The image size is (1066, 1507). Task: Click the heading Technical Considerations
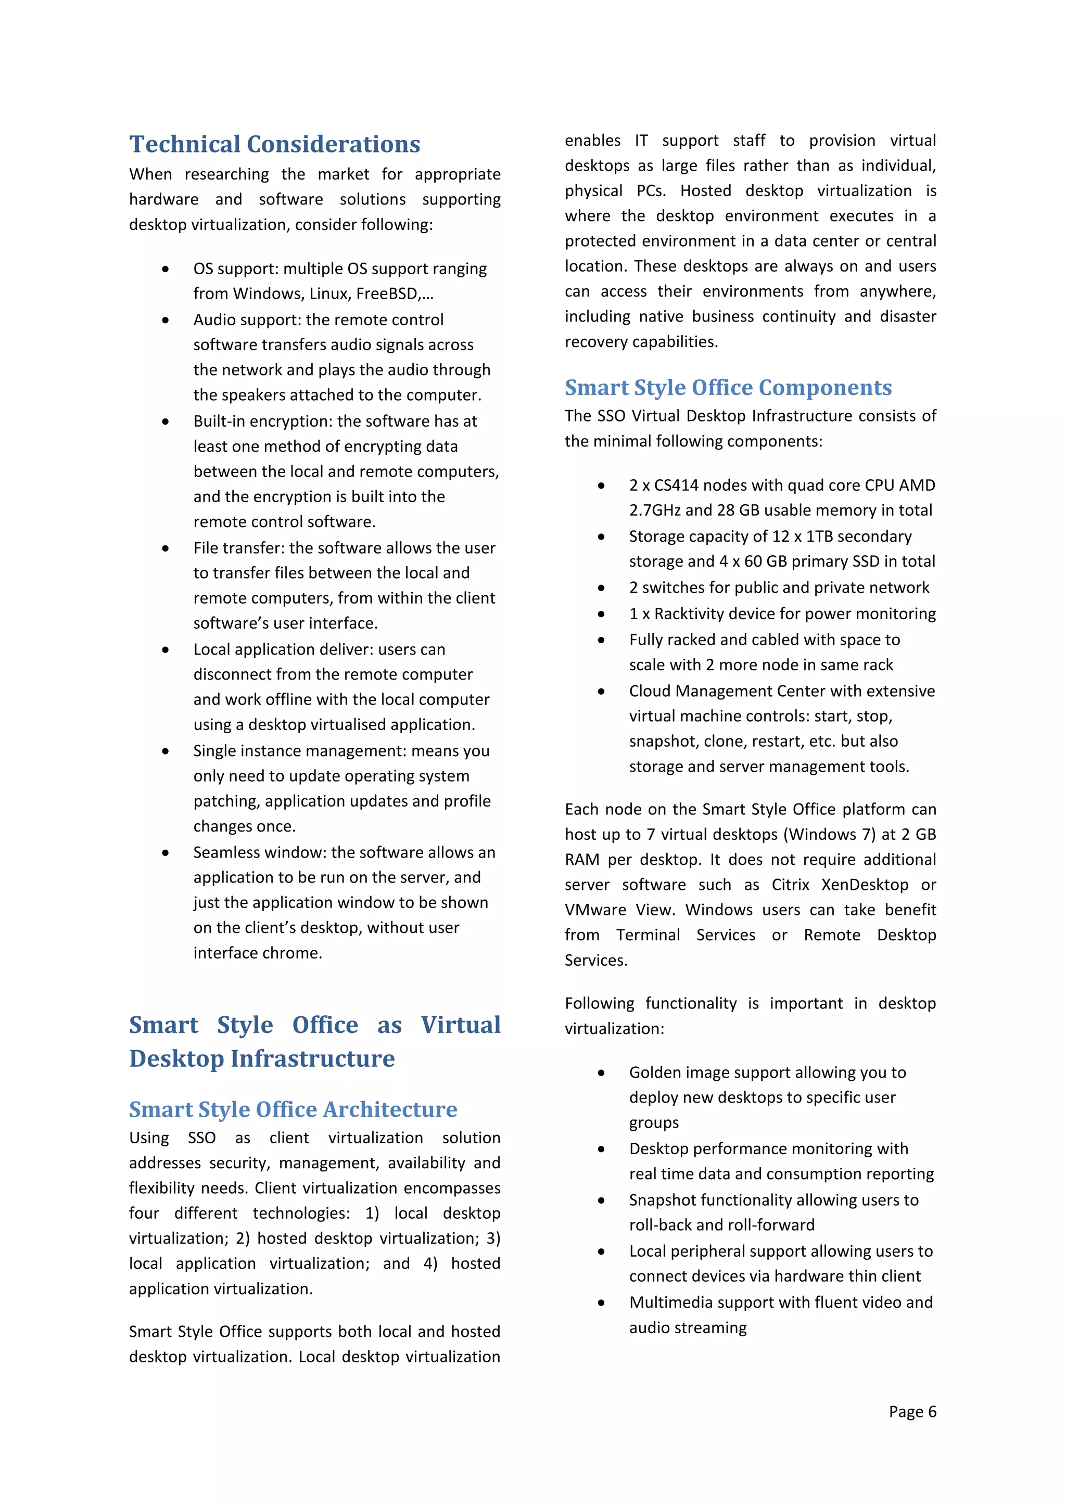click(x=274, y=144)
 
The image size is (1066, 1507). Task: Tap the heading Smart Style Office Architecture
click(x=293, y=1109)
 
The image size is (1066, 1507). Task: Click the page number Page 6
click(x=912, y=1411)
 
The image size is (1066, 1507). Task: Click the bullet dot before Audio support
click(x=166, y=321)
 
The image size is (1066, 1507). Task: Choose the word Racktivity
click(x=699, y=614)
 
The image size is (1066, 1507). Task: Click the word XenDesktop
click(x=865, y=885)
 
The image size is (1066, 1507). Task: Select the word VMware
click(x=595, y=910)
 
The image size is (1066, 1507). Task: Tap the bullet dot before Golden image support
click(x=601, y=1073)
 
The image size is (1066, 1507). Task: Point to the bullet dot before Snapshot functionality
click(x=601, y=1201)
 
